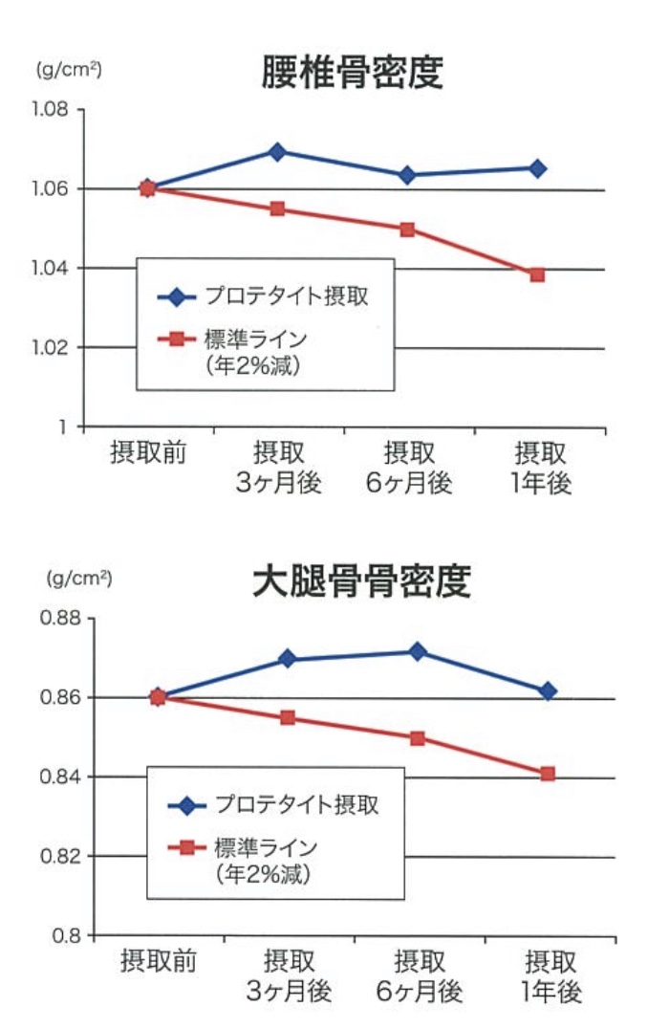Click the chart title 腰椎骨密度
coord(353,73)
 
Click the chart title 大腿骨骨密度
coord(361,581)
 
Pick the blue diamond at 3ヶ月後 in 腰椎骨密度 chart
coord(278,152)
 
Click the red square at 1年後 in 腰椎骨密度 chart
coord(537,275)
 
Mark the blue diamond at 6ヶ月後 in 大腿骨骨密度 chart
coord(418,651)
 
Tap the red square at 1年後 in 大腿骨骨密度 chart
coord(548,774)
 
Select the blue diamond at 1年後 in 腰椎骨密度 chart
coord(537,169)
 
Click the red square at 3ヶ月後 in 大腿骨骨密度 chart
coord(288,717)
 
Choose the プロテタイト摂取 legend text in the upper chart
coord(286,296)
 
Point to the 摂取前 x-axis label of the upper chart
coord(148,451)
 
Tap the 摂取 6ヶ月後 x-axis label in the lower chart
coord(419,976)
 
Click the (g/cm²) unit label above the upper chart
coord(69,70)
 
